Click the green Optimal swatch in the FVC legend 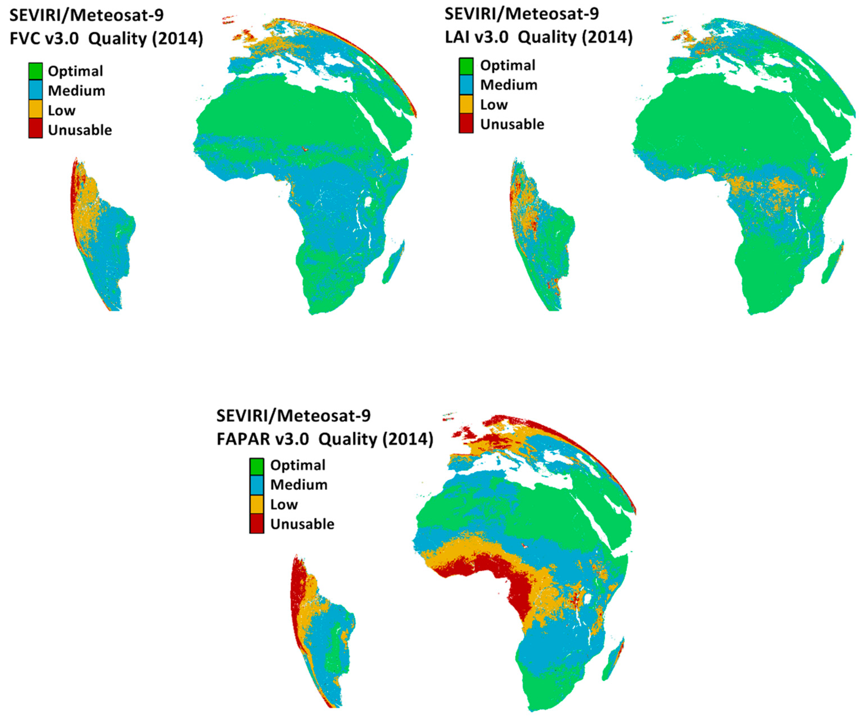(x=36, y=71)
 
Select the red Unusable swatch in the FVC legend (x=36, y=129)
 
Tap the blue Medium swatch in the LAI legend (x=466, y=85)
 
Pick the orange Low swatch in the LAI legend (x=466, y=104)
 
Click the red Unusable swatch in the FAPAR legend (x=256, y=523)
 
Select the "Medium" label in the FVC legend (x=76, y=90)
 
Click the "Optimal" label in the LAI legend (x=508, y=65)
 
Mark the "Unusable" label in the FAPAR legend (x=302, y=524)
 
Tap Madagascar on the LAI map (x=833, y=262)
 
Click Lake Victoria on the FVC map (x=368, y=201)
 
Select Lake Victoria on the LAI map (x=807, y=202)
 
